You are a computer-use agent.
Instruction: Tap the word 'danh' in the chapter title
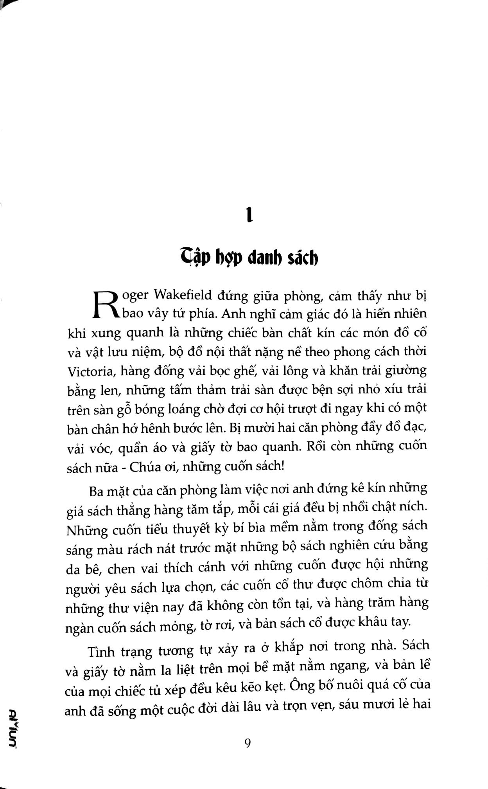click(261, 258)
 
